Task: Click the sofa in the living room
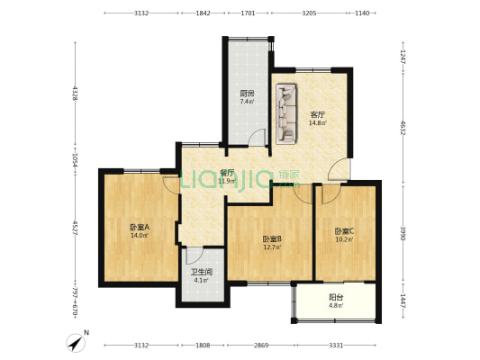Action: tap(286, 113)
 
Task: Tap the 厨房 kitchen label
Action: tap(246, 94)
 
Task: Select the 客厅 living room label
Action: tap(317, 114)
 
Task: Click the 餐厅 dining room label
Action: tap(227, 173)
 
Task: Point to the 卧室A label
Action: tap(139, 227)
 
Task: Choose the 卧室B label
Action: tap(272, 238)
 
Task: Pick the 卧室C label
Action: tap(344, 230)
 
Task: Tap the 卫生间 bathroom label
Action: tap(201, 272)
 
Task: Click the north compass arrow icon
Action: tap(74, 341)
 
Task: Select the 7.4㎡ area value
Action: tap(246, 102)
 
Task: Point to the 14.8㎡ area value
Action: tap(317, 123)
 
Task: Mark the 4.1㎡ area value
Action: tap(201, 281)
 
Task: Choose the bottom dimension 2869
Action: tap(261, 345)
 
